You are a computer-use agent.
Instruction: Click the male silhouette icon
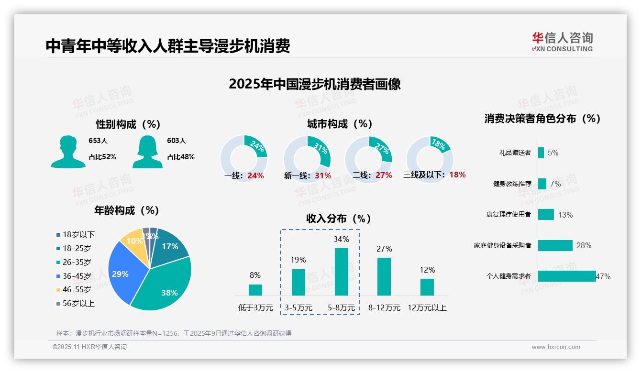pos(68,152)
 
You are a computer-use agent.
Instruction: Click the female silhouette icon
pos(147,152)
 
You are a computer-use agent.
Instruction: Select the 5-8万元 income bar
pos(342,271)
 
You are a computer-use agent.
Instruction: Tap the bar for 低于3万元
pos(255,290)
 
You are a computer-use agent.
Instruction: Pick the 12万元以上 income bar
pos(427,287)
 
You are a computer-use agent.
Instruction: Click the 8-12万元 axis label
pos(384,308)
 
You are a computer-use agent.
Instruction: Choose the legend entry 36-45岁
pos(77,276)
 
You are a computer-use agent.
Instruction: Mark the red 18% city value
pos(457,175)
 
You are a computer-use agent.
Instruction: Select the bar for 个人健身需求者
pos(567,276)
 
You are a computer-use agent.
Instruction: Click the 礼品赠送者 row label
pos(515,153)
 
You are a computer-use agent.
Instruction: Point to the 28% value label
pos(584,246)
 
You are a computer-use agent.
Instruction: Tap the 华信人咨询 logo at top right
pos(562,42)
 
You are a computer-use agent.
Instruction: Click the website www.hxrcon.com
pos(556,347)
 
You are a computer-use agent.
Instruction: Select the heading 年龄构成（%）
pos(128,210)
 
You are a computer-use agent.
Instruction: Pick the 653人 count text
pos(98,141)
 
